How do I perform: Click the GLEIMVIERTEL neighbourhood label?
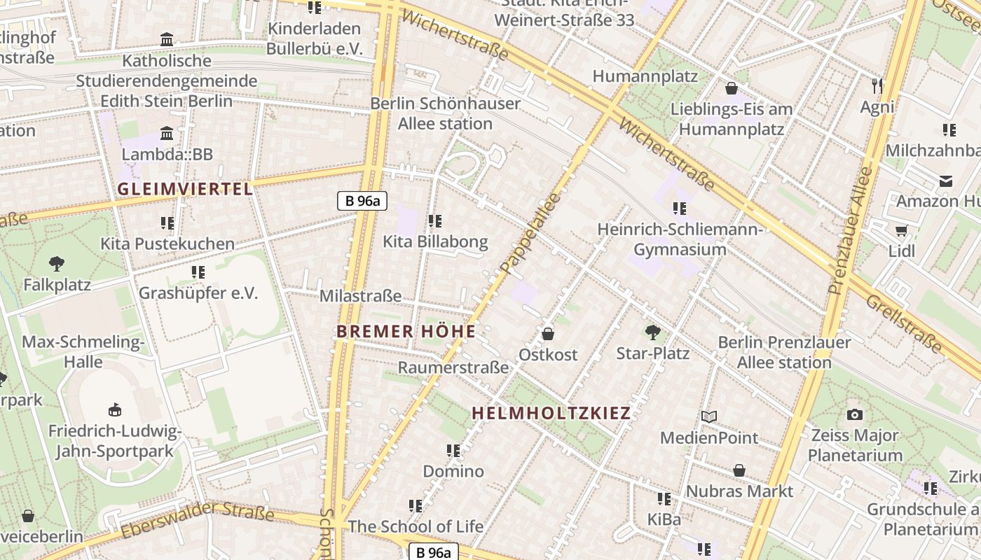pyautogui.click(x=184, y=189)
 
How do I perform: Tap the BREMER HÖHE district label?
pyautogui.click(x=406, y=331)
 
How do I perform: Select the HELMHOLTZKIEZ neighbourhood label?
pyautogui.click(x=551, y=413)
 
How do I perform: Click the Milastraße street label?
pyautogui.click(x=360, y=296)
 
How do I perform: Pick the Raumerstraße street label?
pyautogui.click(x=453, y=367)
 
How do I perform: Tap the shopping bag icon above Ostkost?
pyautogui.click(x=548, y=334)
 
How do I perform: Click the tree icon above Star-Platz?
pyautogui.click(x=652, y=332)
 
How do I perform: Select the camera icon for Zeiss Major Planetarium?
pyautogui.click(x=854, y=414)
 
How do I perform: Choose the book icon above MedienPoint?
pyautogui.click(x=709, y=417)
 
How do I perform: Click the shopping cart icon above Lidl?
pyautogui.click(x=901, y=230)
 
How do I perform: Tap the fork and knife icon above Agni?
pyautogui.click(x=877, y=86)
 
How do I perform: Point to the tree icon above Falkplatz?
pyautogui.click(x=57, y=264)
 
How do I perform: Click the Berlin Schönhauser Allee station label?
pyautogui.click(x=446, y=113)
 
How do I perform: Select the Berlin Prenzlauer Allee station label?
pyautogui.click(x=784, y=352)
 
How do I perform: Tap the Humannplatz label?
pyautogui.click(x=645, y=76)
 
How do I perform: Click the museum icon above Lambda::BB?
pyautogui.click(x=167, y=133)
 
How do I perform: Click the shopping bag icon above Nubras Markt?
pyautogui.click(x=739, y=470)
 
